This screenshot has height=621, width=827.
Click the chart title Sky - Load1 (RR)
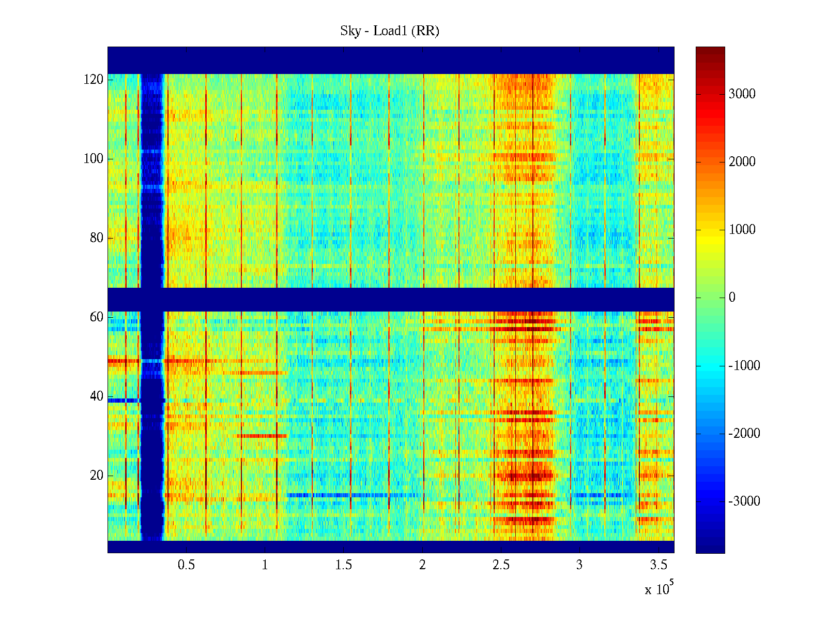click(390, 31)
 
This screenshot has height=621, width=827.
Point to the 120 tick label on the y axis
click(94, 80)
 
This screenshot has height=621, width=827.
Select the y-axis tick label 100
click(94, 159)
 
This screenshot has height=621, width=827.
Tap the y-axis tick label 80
click(97, 238)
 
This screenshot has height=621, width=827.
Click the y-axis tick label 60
click(97, 317)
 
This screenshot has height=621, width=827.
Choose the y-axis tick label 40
click(97, 396)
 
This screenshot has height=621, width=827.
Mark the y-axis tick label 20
click(97, 476)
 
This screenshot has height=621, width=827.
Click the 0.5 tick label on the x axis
click(186, 565)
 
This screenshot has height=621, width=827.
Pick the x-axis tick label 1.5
click(344, 565)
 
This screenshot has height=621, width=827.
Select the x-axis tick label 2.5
click(501, 565)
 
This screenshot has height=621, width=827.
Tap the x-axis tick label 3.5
click(658, 565)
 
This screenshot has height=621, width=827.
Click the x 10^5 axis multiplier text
click(658, 589)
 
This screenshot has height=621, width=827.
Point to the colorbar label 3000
click(742, 94)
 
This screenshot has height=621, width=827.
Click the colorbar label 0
click(732, 298)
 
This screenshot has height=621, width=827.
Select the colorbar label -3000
click(744, 501)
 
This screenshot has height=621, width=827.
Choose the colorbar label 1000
click(742, 230)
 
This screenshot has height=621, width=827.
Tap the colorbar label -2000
click(744, 433)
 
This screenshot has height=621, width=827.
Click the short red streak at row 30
click(262, 436)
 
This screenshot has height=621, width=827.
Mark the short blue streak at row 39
click(123, 400)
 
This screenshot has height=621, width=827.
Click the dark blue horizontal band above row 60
click(391, 299)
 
